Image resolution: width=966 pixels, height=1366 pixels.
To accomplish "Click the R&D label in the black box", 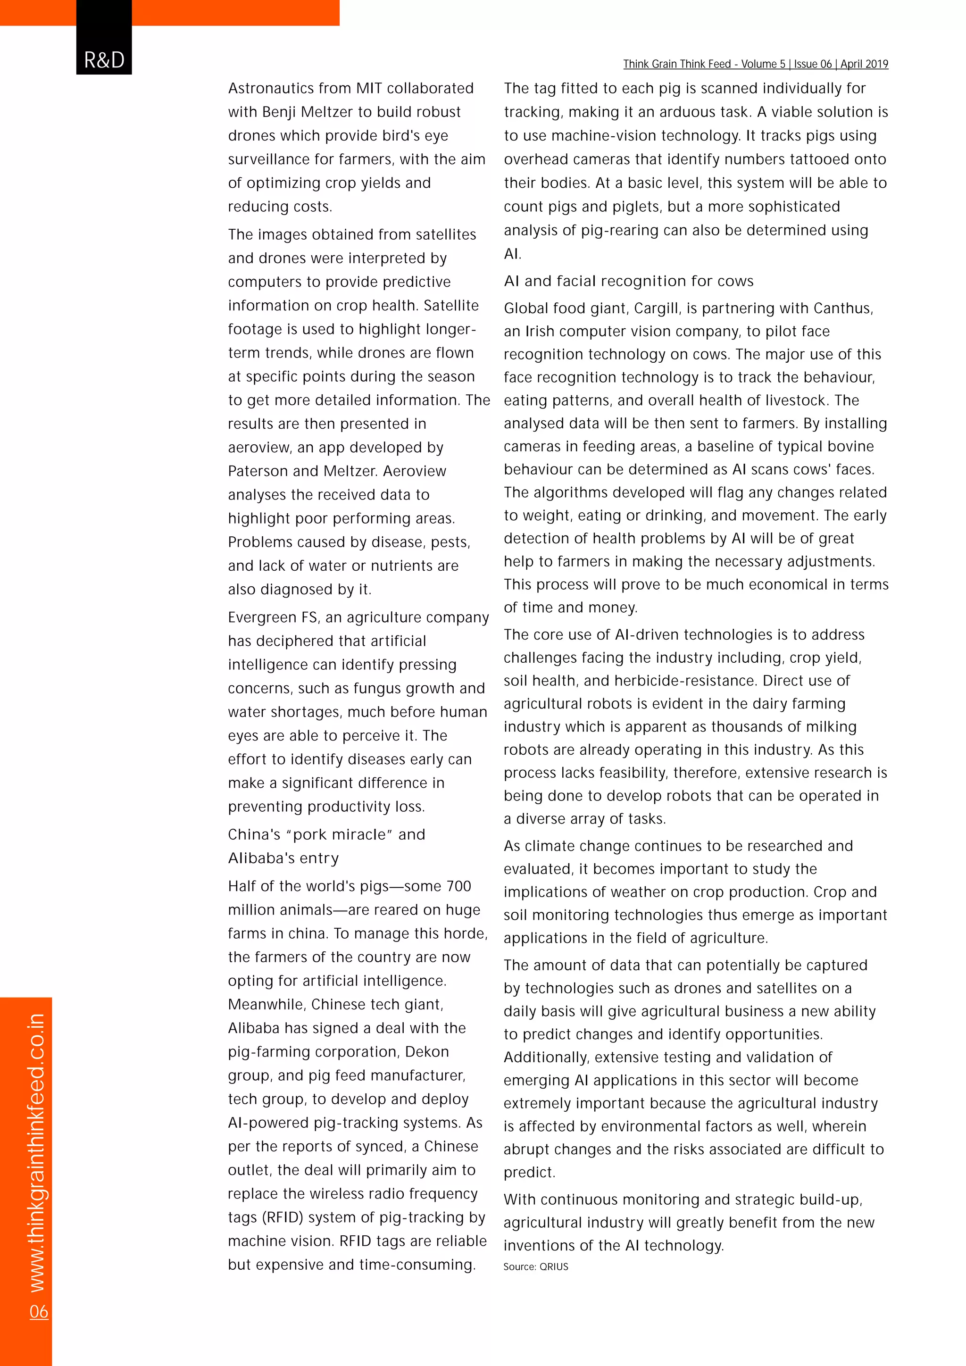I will [x=104, y=60].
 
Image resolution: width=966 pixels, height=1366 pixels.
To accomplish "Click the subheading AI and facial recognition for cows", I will [x=628, y=281].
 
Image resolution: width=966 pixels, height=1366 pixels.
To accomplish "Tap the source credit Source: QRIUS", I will [x=535, y=1266].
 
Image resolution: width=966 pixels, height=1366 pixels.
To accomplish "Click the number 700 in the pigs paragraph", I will [x=458, y=886].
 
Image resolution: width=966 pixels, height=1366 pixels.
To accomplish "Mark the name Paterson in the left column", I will [x=259, y=471].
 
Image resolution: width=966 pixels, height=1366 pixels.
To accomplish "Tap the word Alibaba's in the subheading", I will [x=283, y=858].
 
